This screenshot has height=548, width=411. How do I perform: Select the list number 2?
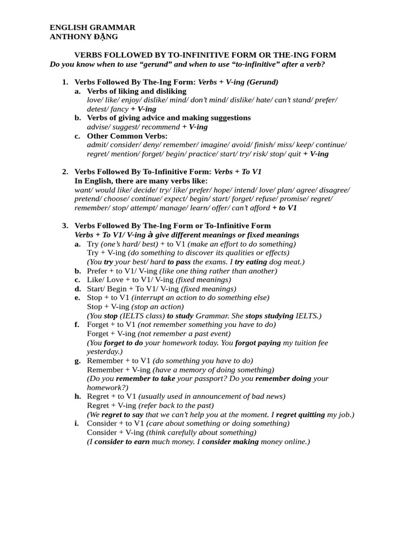pos(65,172)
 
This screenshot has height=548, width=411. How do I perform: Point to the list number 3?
pos(65,226)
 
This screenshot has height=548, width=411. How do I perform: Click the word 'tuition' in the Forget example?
pos(302,342)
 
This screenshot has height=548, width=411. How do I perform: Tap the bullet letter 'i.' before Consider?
pos(77,423)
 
